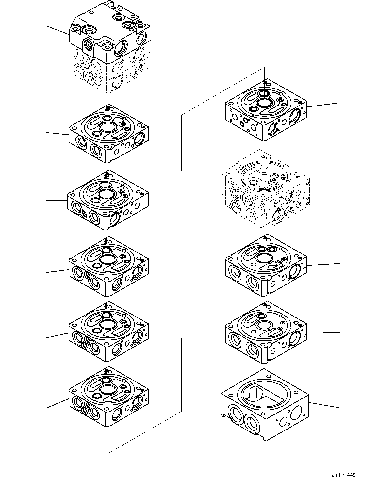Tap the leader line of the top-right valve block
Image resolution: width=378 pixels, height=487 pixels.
(x=323, y=105)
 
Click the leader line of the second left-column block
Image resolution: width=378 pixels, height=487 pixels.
(x=58, y=134)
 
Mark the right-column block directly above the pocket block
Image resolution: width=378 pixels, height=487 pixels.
(x=265, y=332)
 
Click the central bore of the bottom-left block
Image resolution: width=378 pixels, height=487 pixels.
(x=107, y=389)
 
